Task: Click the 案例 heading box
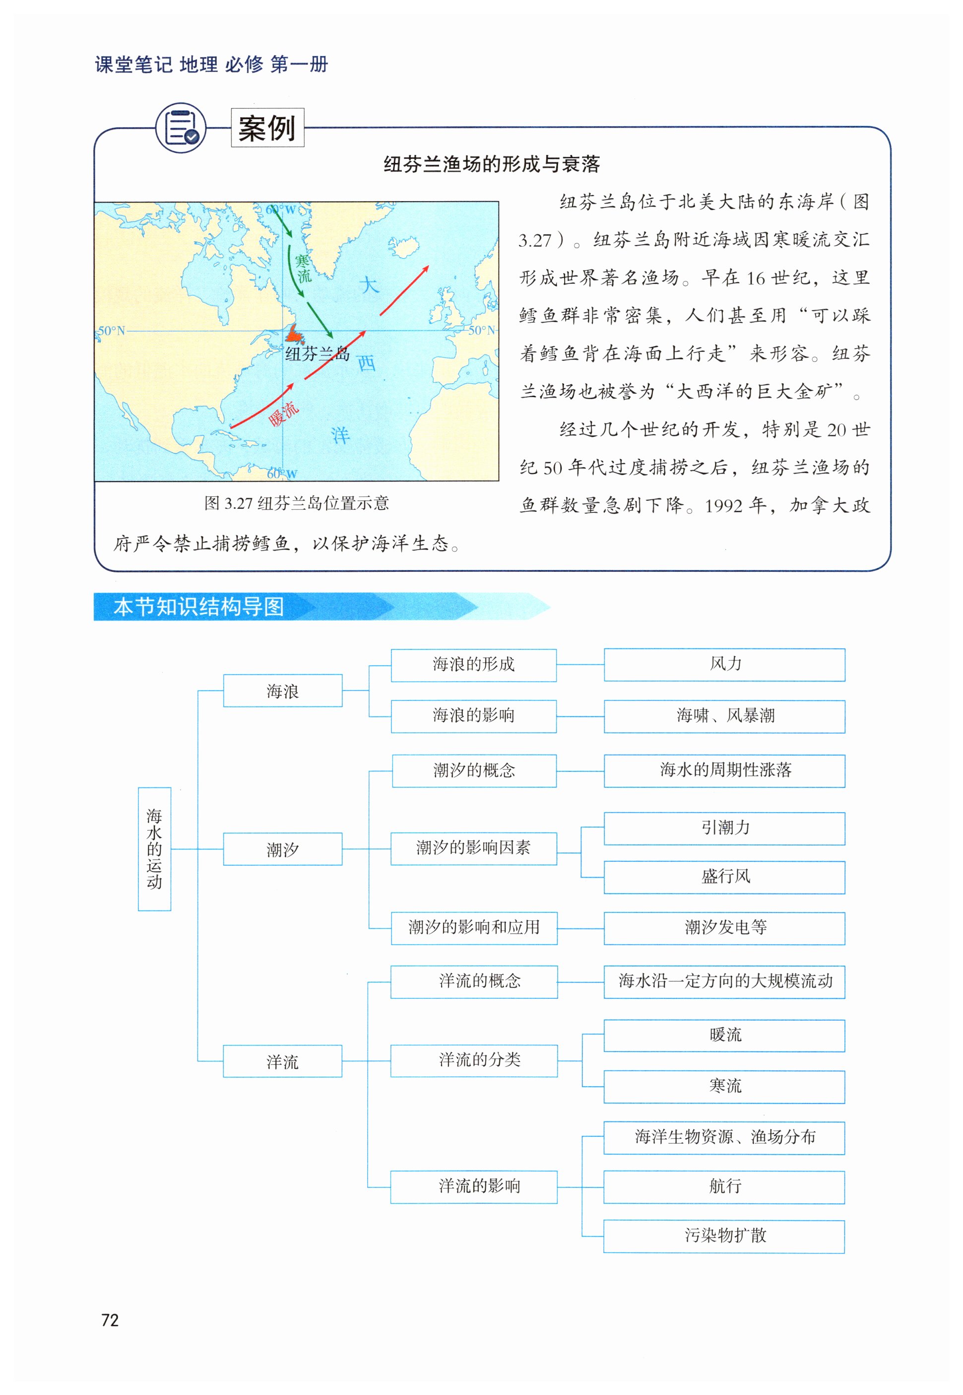pos(267,128)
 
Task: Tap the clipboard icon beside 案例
pos(181,128)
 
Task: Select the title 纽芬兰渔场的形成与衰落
pos(491,164)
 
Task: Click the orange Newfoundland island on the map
pos(294,334)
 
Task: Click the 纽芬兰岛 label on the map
pos(318,354)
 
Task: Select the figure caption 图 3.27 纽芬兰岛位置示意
pos(296,503)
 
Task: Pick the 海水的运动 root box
pos(154,849)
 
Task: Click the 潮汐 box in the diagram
pos(282,849)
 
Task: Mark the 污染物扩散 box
pos(724,1236)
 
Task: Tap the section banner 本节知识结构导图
pos(199,607)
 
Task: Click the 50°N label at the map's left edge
pos(112,331)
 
